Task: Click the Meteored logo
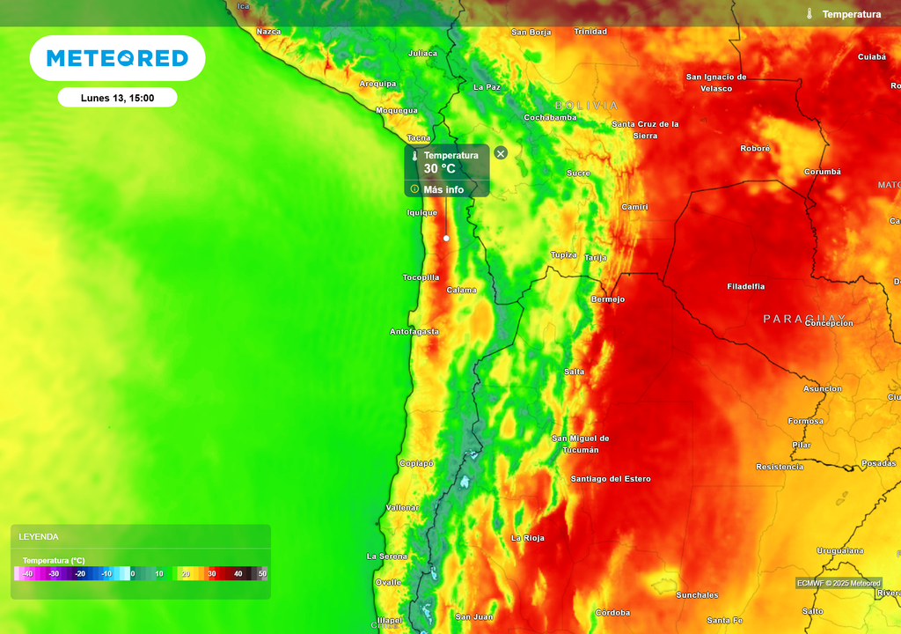(x=117, y=58)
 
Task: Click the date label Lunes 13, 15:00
(x=117, y=98)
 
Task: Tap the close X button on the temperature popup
(x=501, y=153)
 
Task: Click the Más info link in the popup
(x=443, y=189)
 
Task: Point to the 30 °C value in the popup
(x=440, y=169)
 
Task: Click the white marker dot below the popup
(x=446, y=239)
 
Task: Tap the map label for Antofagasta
(x=414, y=332)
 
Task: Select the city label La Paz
(x=487, y=87)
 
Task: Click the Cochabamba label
(x=550, y=117)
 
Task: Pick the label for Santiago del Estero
(x=611, y=479)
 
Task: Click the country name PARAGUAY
(x=804, y=318)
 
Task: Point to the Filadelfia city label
(x=746, y=286)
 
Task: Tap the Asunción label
(x=823, y=388)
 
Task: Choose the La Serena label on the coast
(x=387, y=557)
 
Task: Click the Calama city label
(x=462, y=290)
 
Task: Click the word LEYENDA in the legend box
(x=39, y=536)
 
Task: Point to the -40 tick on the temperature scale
(x=27, y=574)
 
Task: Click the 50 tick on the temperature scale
(x=262, y=574)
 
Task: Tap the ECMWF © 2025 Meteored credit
(x=839, y=583)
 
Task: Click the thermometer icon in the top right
(x=809, y=14)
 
